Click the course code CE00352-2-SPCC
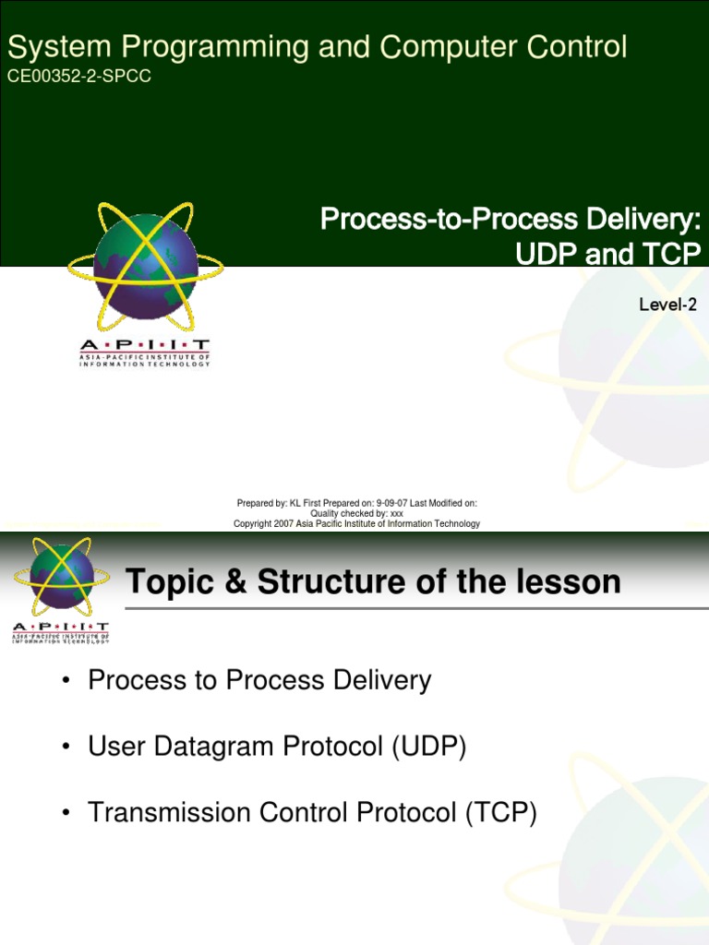point(78,77)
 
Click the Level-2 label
point(667,305)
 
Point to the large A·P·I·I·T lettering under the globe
point(145,342)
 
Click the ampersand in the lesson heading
point(238,582)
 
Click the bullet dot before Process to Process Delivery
point(66,682)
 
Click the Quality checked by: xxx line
point(356,513)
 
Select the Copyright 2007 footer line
point(356,524)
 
